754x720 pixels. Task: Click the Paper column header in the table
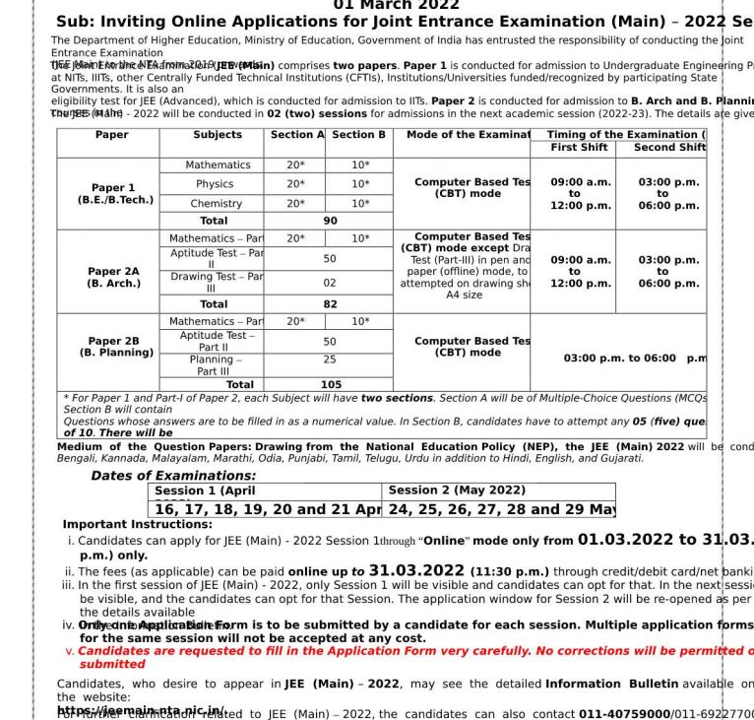point(111,135)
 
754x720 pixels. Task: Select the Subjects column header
point(218,135)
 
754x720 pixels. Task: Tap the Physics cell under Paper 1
point(214,184)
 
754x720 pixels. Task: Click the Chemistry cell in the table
point(216,204)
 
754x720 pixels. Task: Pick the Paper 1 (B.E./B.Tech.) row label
point(114,193)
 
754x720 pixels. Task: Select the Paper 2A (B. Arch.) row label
point(113,277)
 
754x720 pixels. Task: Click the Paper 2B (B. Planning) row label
point(115,347)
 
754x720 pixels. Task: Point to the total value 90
point(330,222)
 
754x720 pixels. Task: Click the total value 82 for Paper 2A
point(330,305)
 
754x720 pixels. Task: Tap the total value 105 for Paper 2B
point(331,385)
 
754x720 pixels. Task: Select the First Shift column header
point(578,148)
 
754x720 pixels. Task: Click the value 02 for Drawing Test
point(330,283)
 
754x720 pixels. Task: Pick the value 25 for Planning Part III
point(330,360)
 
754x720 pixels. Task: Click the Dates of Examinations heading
point(173,476)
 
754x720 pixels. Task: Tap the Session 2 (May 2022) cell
point(457,491)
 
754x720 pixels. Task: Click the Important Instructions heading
point(137,524)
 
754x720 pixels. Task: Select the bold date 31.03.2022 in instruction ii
point(416,570)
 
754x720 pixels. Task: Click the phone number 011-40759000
point(631,714)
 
